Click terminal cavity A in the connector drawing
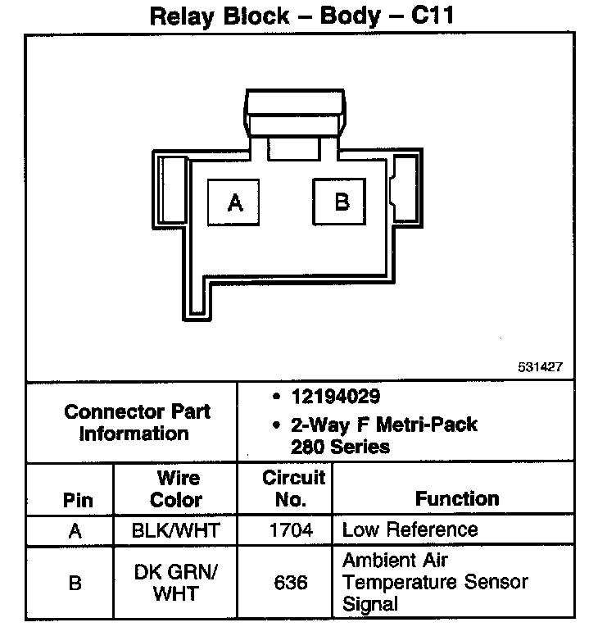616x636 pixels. click(x=235, y=201)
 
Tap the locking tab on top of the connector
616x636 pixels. click(x=293, y=109)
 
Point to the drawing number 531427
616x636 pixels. click(x=540, y=368)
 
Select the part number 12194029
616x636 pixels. click(x=335, y=397)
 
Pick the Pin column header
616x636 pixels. click(x=78, y=500)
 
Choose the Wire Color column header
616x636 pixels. click(x=176, y=488)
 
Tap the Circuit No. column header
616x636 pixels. click(x=293, y=488)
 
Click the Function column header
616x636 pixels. click(x=457, y=498)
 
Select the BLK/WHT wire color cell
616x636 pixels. click(x=176, y=530)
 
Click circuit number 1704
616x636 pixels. click(x=291, y=530)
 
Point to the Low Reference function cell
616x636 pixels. click(x=410, y=529)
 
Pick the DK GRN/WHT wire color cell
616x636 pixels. click(x=176, y=582)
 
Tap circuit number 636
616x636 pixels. click(x=292, y=583)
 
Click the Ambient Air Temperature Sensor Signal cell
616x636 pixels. click(x=434, y=583)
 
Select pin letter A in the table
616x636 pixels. click(x=75, y=531)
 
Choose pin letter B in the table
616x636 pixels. click(x=75, y=583)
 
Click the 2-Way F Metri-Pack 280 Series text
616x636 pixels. click(x=383, y=436)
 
